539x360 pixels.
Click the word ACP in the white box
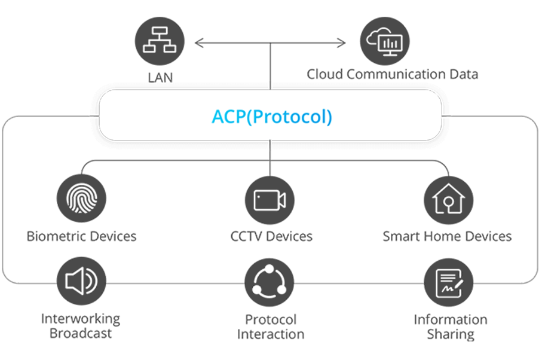(x=226, y=116)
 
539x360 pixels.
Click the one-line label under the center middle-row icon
(x=272, y=236)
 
